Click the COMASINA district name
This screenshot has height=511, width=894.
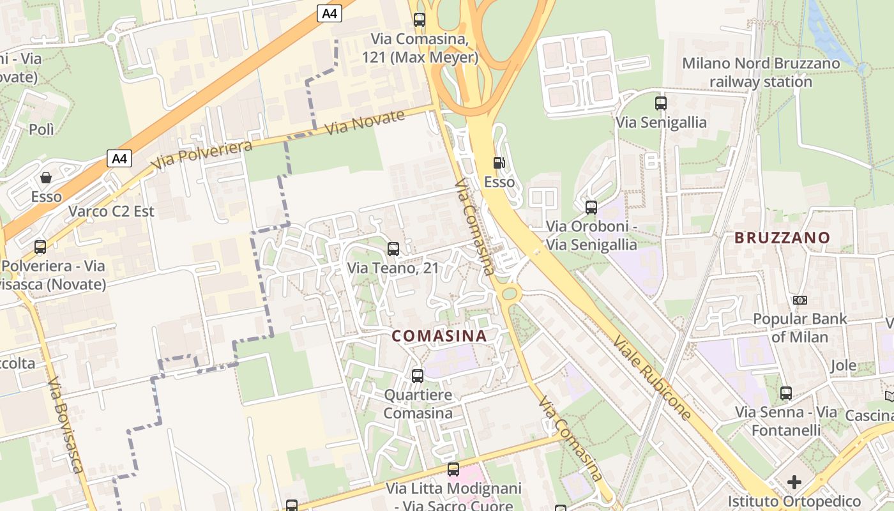click(439, 335)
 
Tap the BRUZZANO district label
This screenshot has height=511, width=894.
click(782, 238)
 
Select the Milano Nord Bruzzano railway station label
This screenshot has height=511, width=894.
click(761, 72)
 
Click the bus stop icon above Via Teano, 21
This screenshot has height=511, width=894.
click(393, 249)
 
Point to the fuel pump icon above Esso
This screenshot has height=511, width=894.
click(499, 163)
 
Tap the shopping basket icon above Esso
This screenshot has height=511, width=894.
click(46, 178)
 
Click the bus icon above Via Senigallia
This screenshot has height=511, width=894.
click(661, 103)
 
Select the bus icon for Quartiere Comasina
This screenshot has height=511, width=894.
click(418, 376)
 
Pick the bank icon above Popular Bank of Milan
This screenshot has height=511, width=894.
click(799, 300)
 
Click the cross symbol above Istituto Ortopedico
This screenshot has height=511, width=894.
click(794, 482)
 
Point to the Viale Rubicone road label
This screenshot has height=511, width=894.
click(652, 377)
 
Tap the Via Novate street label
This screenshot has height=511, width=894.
click(365, 122)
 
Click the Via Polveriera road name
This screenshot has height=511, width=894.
click(202, 155)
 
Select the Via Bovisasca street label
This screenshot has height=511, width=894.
click(66, 425)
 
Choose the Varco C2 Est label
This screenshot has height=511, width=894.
click(111, 211)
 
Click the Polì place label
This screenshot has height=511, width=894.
click(42, 130)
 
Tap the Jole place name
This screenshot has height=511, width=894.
click(844, 366)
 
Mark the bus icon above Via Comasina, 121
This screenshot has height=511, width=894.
click(420, 20)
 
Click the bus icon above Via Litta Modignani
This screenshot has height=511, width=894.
click(453, 469)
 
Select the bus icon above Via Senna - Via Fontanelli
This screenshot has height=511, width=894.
click(786, 393)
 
